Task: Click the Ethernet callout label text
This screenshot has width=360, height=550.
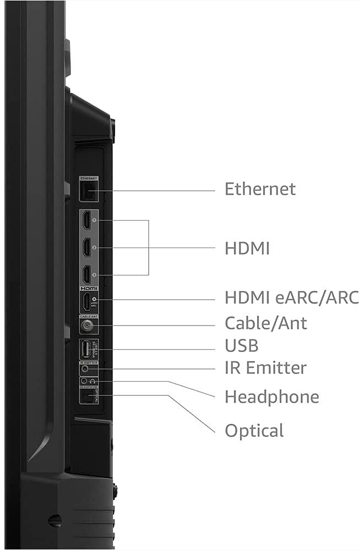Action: (260, 189)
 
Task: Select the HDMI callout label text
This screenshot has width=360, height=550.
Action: (247, 249)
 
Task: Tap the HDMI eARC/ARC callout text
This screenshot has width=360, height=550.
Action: (291, 298)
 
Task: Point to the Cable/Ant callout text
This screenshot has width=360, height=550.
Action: (266, 323)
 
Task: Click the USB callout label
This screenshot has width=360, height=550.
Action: (241, 346)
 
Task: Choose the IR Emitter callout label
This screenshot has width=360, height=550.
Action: (265, 367)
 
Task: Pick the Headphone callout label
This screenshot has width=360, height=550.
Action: (271, 397)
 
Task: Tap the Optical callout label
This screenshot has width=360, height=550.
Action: (254, 430)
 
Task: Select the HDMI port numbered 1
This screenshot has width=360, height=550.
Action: (87, 222)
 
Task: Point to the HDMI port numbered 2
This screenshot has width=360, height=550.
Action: (87, 248)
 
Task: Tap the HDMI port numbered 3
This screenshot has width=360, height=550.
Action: (87, 274)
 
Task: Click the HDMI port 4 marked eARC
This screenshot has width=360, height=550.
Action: (87, 302)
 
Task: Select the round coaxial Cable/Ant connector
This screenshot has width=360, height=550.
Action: (86, 326)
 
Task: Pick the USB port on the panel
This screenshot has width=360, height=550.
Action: (85, 349)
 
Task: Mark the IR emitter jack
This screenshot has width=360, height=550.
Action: (85, 370)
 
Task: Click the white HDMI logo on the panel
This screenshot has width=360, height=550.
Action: (89, 288)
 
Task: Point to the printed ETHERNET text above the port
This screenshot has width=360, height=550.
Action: (89, 179)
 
